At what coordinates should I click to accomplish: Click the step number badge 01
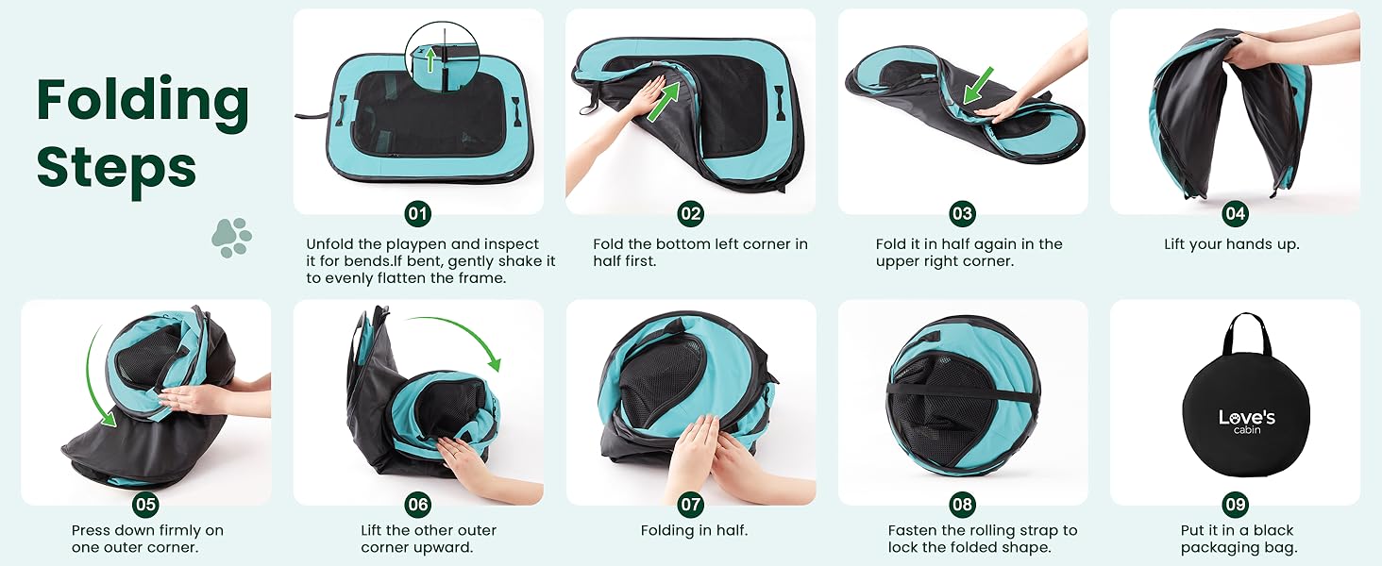pos(417,214)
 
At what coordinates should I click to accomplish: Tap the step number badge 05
pos(145,505)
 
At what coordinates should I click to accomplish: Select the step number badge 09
pos(1235,505)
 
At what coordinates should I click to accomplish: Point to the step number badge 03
pos(962,214)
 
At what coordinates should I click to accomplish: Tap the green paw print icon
pos(231,238)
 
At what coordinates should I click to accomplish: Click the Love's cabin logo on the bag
pos(1246,421)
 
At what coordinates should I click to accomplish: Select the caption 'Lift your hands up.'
pos(1231,244)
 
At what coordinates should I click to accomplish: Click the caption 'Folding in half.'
pos(694,531)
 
